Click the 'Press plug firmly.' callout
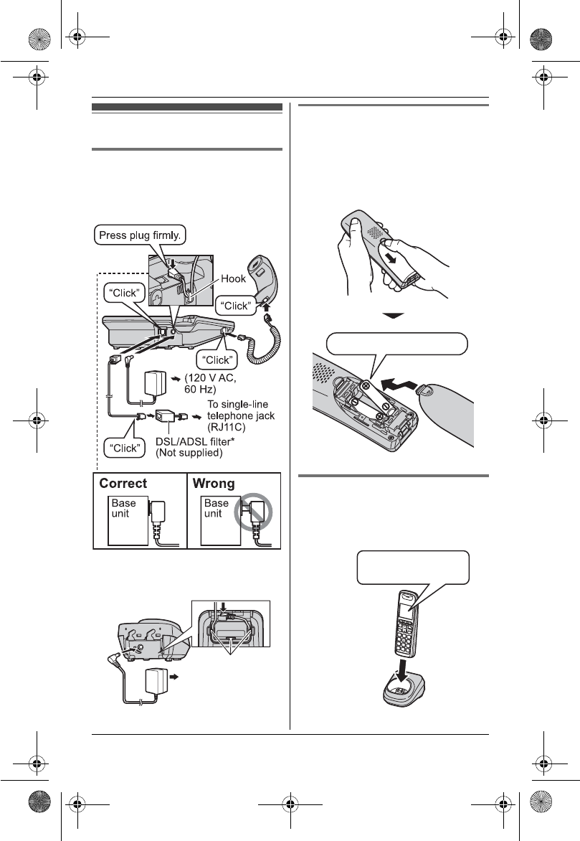coord(140,234)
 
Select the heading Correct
coord(123,484)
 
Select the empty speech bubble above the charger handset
coord(414,568)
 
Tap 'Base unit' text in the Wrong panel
coord(216,509)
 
